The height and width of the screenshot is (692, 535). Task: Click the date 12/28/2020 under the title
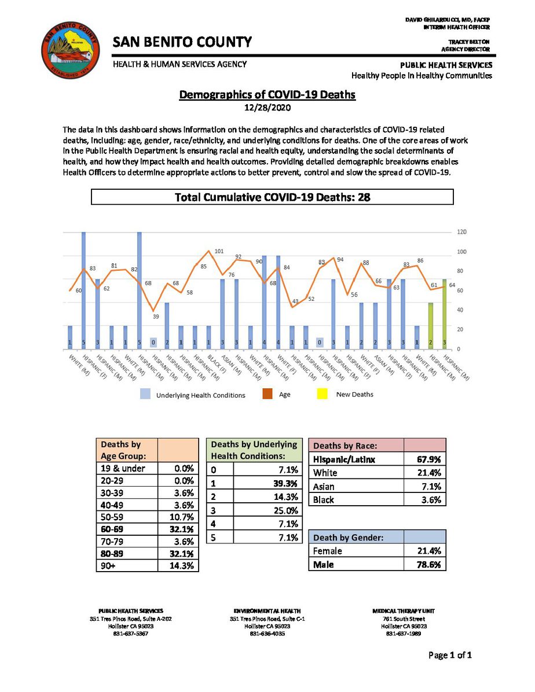(267, 108)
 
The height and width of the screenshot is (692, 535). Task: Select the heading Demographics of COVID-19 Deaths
(267, 95)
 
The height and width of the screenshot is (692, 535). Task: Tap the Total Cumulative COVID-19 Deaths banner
(272, 197)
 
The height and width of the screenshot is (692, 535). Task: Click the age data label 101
(219, 251)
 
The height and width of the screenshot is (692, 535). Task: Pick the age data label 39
(156, 316)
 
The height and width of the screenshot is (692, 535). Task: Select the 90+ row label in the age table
(109, 566)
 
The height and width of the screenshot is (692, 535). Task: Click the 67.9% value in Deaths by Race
(429, 460)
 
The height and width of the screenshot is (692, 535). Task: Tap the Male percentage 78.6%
(429, 564)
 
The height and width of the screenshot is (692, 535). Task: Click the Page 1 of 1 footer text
(450, 655)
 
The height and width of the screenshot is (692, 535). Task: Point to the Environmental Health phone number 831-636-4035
(267, 633)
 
